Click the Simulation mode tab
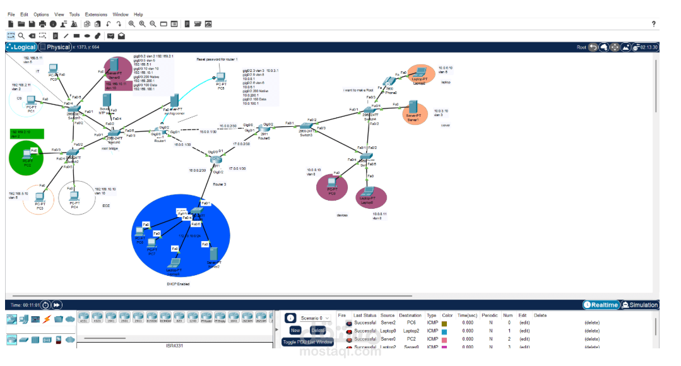click(639, 305)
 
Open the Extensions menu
click(96, 14)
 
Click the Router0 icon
click(263, 129)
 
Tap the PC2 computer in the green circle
click(28, 154)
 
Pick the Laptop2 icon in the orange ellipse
click(419, 73)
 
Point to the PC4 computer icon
click(74, 196)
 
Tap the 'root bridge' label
click(110, 149)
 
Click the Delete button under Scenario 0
click(317, 330)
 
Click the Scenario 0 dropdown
click(315, 318)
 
